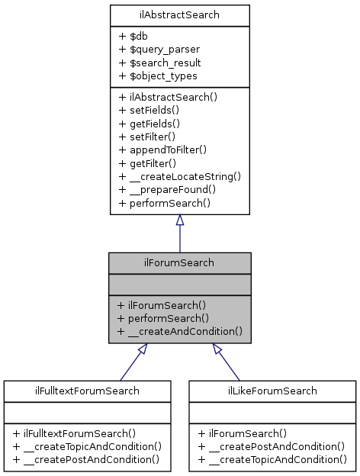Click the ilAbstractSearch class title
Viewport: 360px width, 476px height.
click(x=179, y=14)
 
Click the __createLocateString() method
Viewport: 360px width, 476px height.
click(x=179, y=176)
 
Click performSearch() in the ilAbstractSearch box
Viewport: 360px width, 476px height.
click(x=164, y=204)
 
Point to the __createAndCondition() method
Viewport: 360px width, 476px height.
click(x=179, y=331)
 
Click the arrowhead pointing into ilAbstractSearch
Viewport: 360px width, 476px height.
click(x=179, y=220)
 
